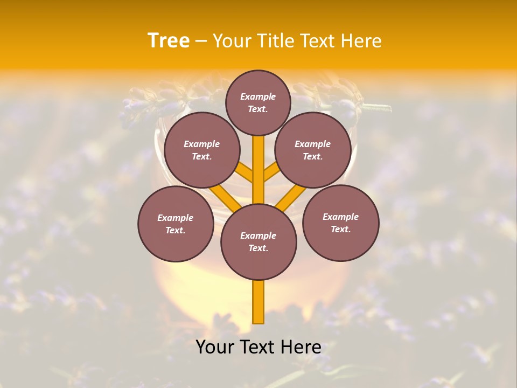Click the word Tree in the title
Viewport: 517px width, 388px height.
(x=169, y=41)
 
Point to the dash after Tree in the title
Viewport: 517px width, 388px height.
(x=201, y=41)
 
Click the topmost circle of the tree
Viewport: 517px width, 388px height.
(x=258, y=102)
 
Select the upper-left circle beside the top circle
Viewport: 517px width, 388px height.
(x=201, y=150)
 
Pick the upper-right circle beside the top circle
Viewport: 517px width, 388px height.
(x=313, y=150)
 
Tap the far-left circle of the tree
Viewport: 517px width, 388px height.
(x=176, y=224)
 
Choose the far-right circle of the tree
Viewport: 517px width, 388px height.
(x=340, y=223)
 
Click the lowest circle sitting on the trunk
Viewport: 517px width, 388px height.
(x=258, y=242)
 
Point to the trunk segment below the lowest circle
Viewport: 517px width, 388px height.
(x=258, y=302)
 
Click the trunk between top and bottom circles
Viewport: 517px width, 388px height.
(x=258, y=170)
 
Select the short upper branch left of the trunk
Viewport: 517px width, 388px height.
(x=245, y=172)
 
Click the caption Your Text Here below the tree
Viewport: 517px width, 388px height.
(x=258, y=347)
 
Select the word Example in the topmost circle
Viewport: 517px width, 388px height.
(x=258, y=96)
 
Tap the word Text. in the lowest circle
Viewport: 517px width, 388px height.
(x=258, y=248)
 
